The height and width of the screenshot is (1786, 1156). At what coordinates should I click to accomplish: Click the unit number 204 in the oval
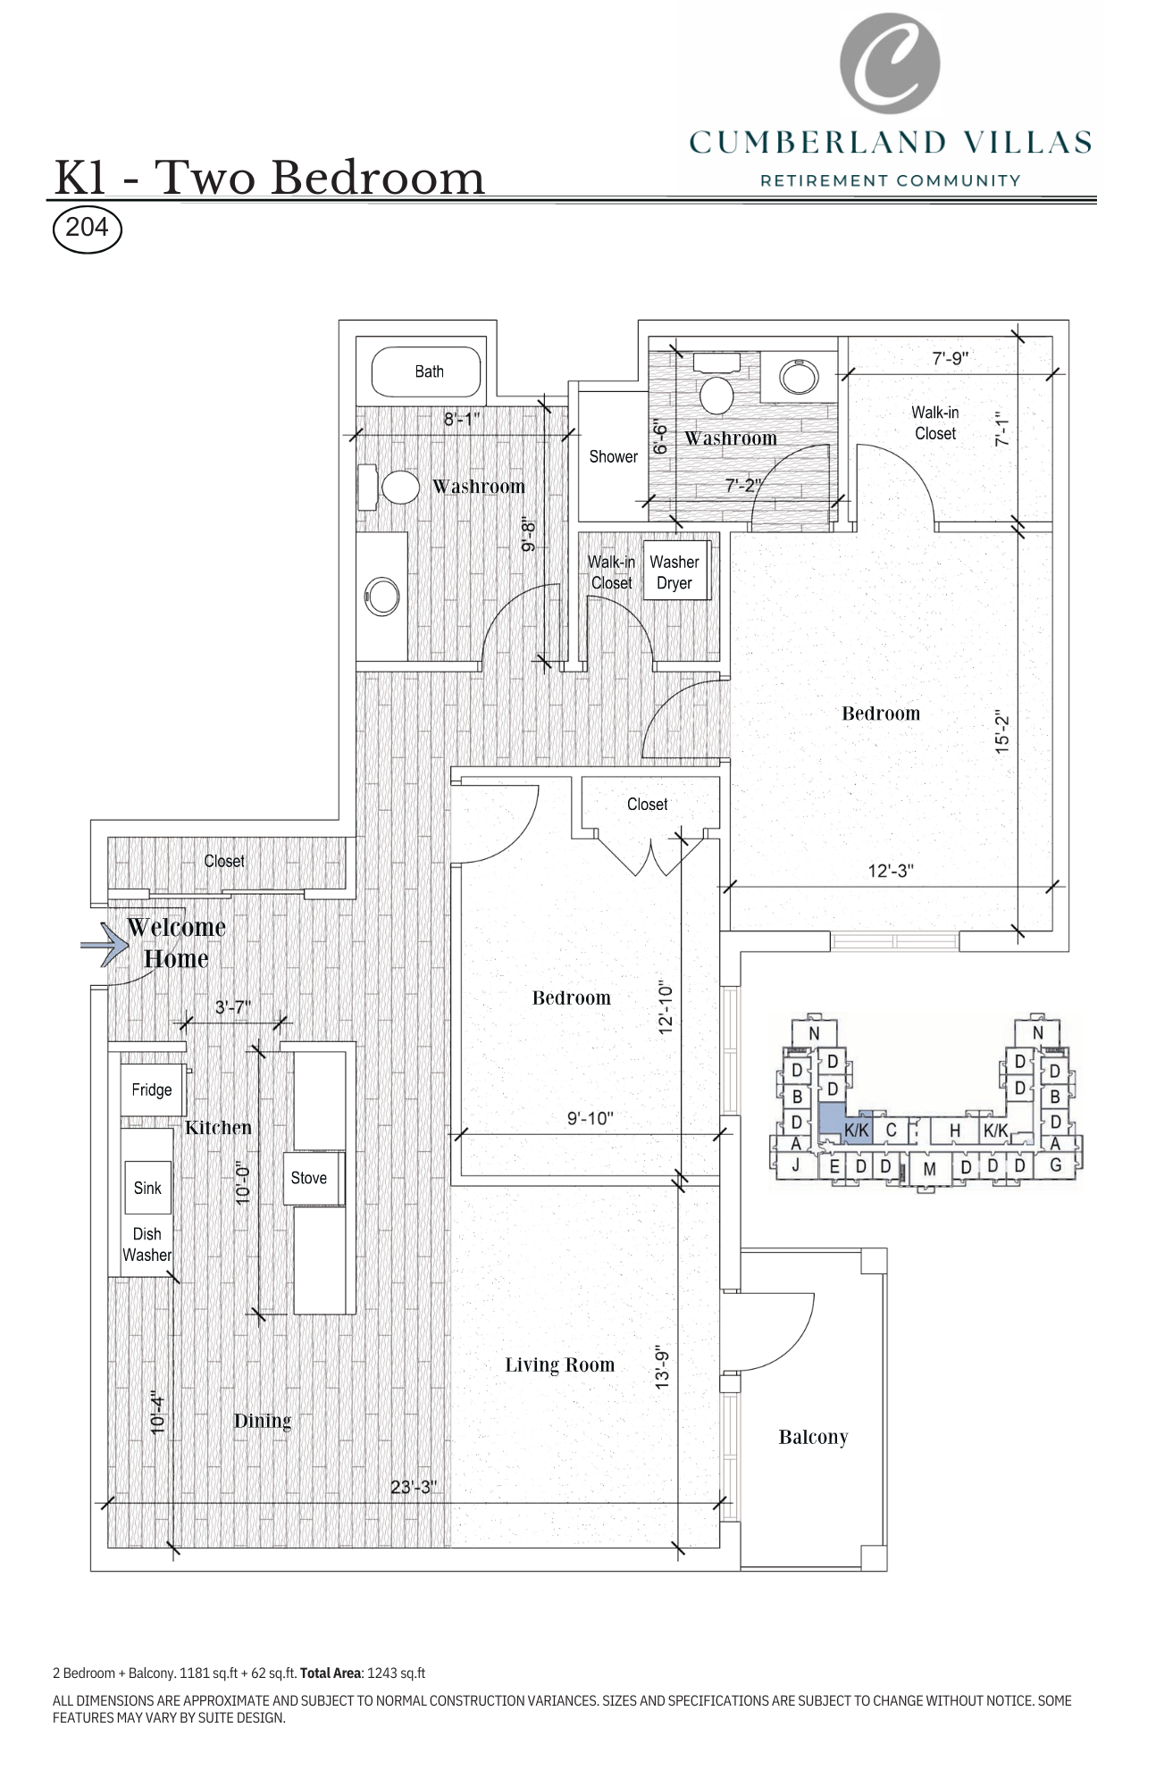pyautogui.click(x=87, y=228)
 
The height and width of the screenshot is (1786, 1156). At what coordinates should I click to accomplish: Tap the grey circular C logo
pyautogui.click(x=890, y=63)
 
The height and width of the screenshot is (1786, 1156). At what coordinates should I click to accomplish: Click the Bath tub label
pyautogui.click(x=429, y=371)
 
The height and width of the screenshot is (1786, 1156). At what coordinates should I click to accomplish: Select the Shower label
pyautogui.click(x=613, y=456)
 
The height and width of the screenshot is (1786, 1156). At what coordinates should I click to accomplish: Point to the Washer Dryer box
pyautogui.click(x=674, y=572)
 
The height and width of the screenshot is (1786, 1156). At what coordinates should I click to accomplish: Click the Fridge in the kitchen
pyautogui.click(x=152, y=1089)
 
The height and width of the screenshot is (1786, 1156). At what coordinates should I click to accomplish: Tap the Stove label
pyautogui.click(x=309, y=1178)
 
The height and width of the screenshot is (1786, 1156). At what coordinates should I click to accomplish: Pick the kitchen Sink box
pyautogui.click(x=147, y=1188)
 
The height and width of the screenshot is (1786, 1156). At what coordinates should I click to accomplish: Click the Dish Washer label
pyautogui.click(x=147, y=1244)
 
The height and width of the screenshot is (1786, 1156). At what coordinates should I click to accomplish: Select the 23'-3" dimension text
pyautogui.click(x=413, y=1487)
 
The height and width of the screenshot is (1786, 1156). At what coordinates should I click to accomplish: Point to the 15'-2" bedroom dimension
pyautogui.click(x=1002, y=732)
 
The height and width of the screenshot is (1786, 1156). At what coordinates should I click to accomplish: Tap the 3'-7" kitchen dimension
pyautogui.click(x=232, y=1007)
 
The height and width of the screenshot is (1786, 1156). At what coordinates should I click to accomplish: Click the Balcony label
pyautogui.click(x=813, y=1437)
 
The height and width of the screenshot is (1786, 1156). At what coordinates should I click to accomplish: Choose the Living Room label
pyautogui.click(x=559, y=1365)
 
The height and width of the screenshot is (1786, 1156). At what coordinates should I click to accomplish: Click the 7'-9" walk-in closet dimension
pyautogui.click(x=951, y=358)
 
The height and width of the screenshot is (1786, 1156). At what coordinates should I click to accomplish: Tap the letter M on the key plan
pyautogui.click(x=929, y=1169)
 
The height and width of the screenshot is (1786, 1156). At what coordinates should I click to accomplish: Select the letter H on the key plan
pyautogui.click(x=954, y=1131)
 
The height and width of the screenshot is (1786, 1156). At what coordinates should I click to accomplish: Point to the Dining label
pyautogui.click(x=262, y=1421)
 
